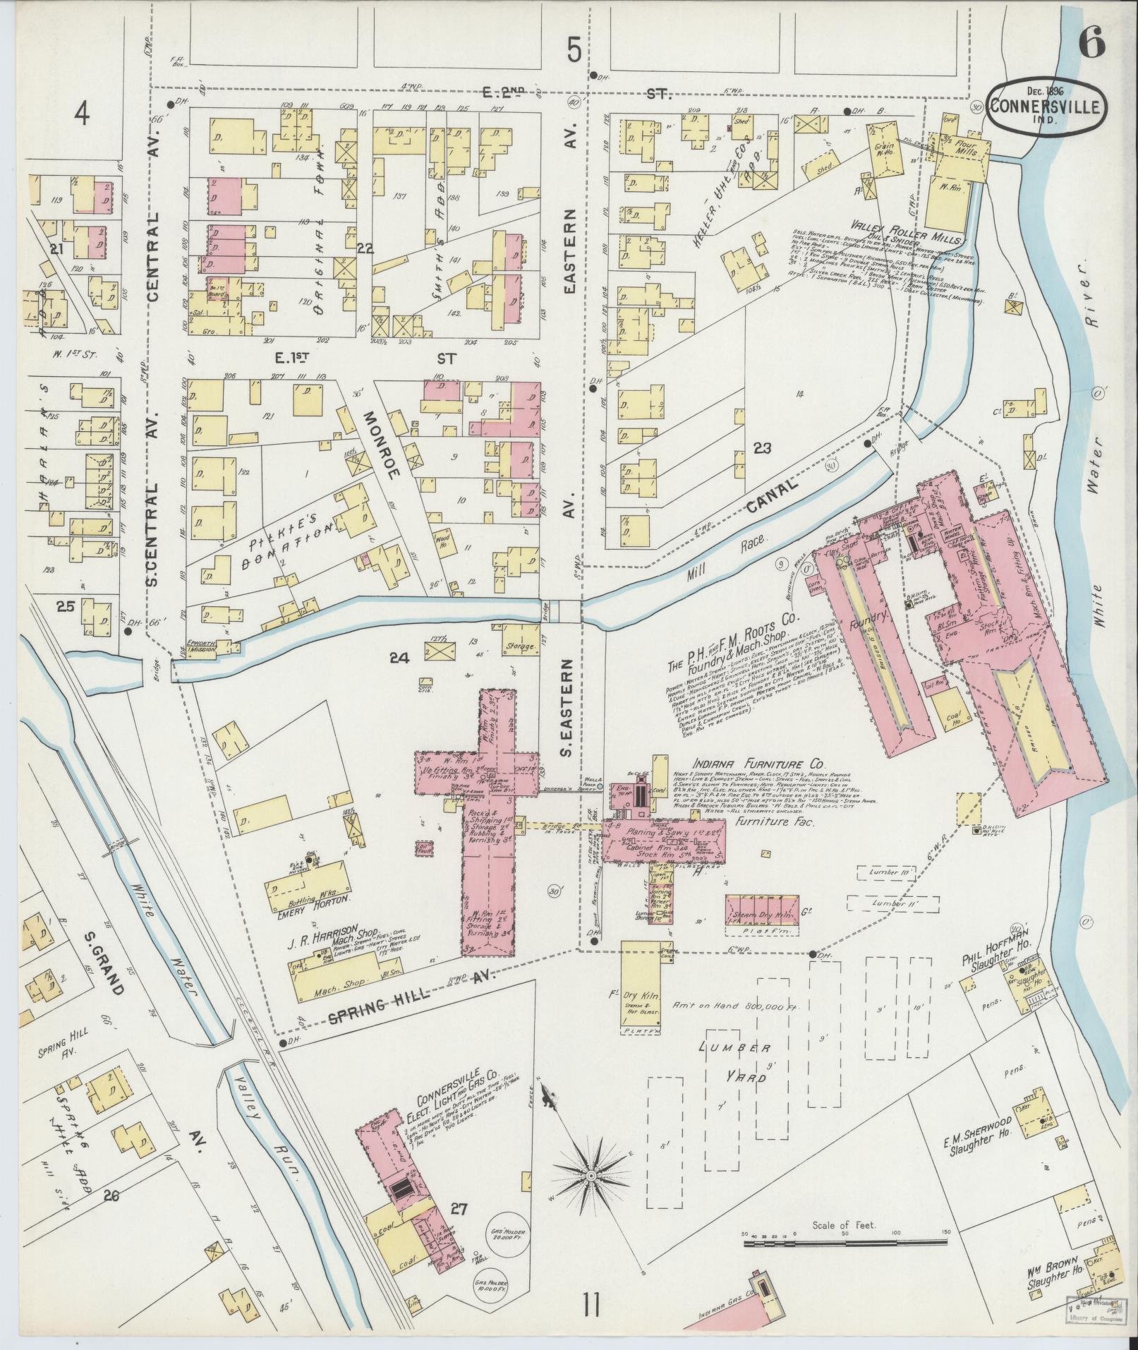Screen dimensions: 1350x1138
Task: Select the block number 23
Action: coord(762,447)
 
